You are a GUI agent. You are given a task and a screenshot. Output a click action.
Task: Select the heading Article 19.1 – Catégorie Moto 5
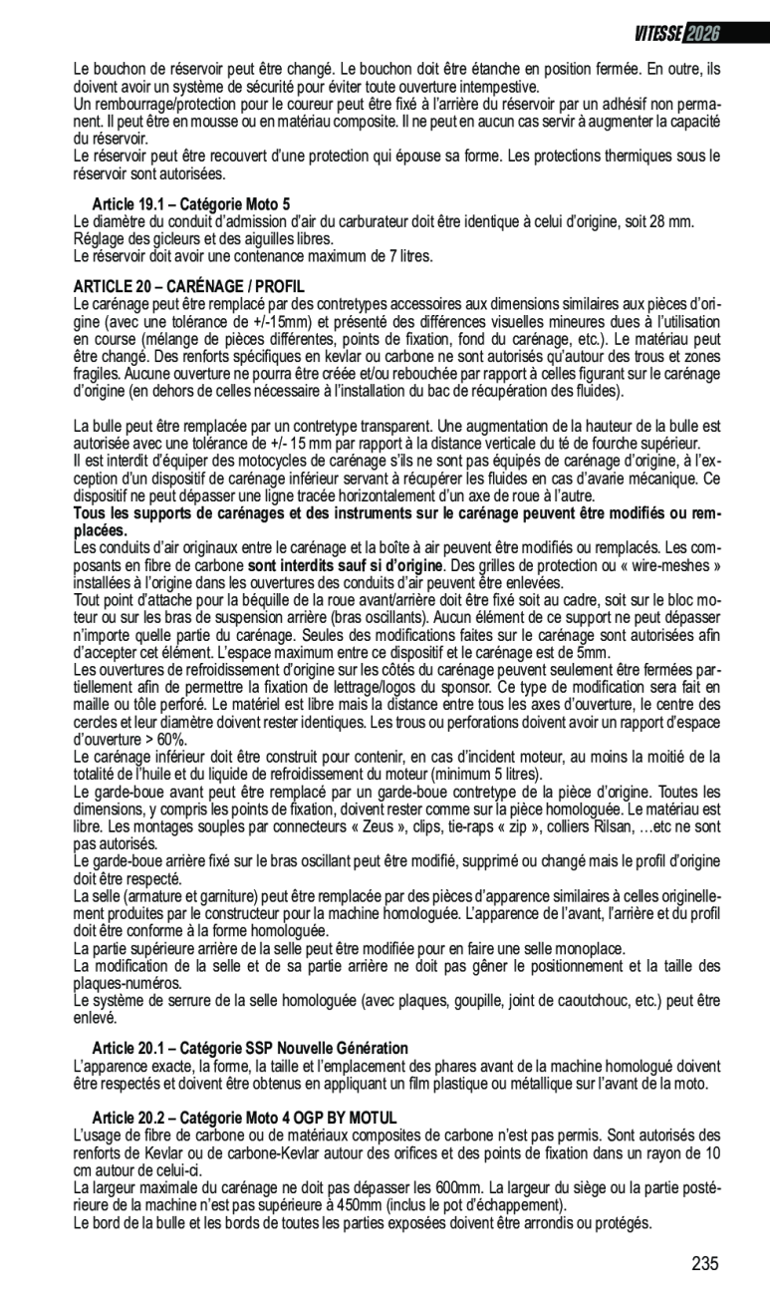tap(191, 204)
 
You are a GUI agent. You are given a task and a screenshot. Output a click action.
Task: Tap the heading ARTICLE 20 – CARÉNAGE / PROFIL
tap(189, 287)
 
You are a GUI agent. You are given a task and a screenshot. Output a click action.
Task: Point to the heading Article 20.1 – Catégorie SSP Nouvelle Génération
tap(250, 1048)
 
